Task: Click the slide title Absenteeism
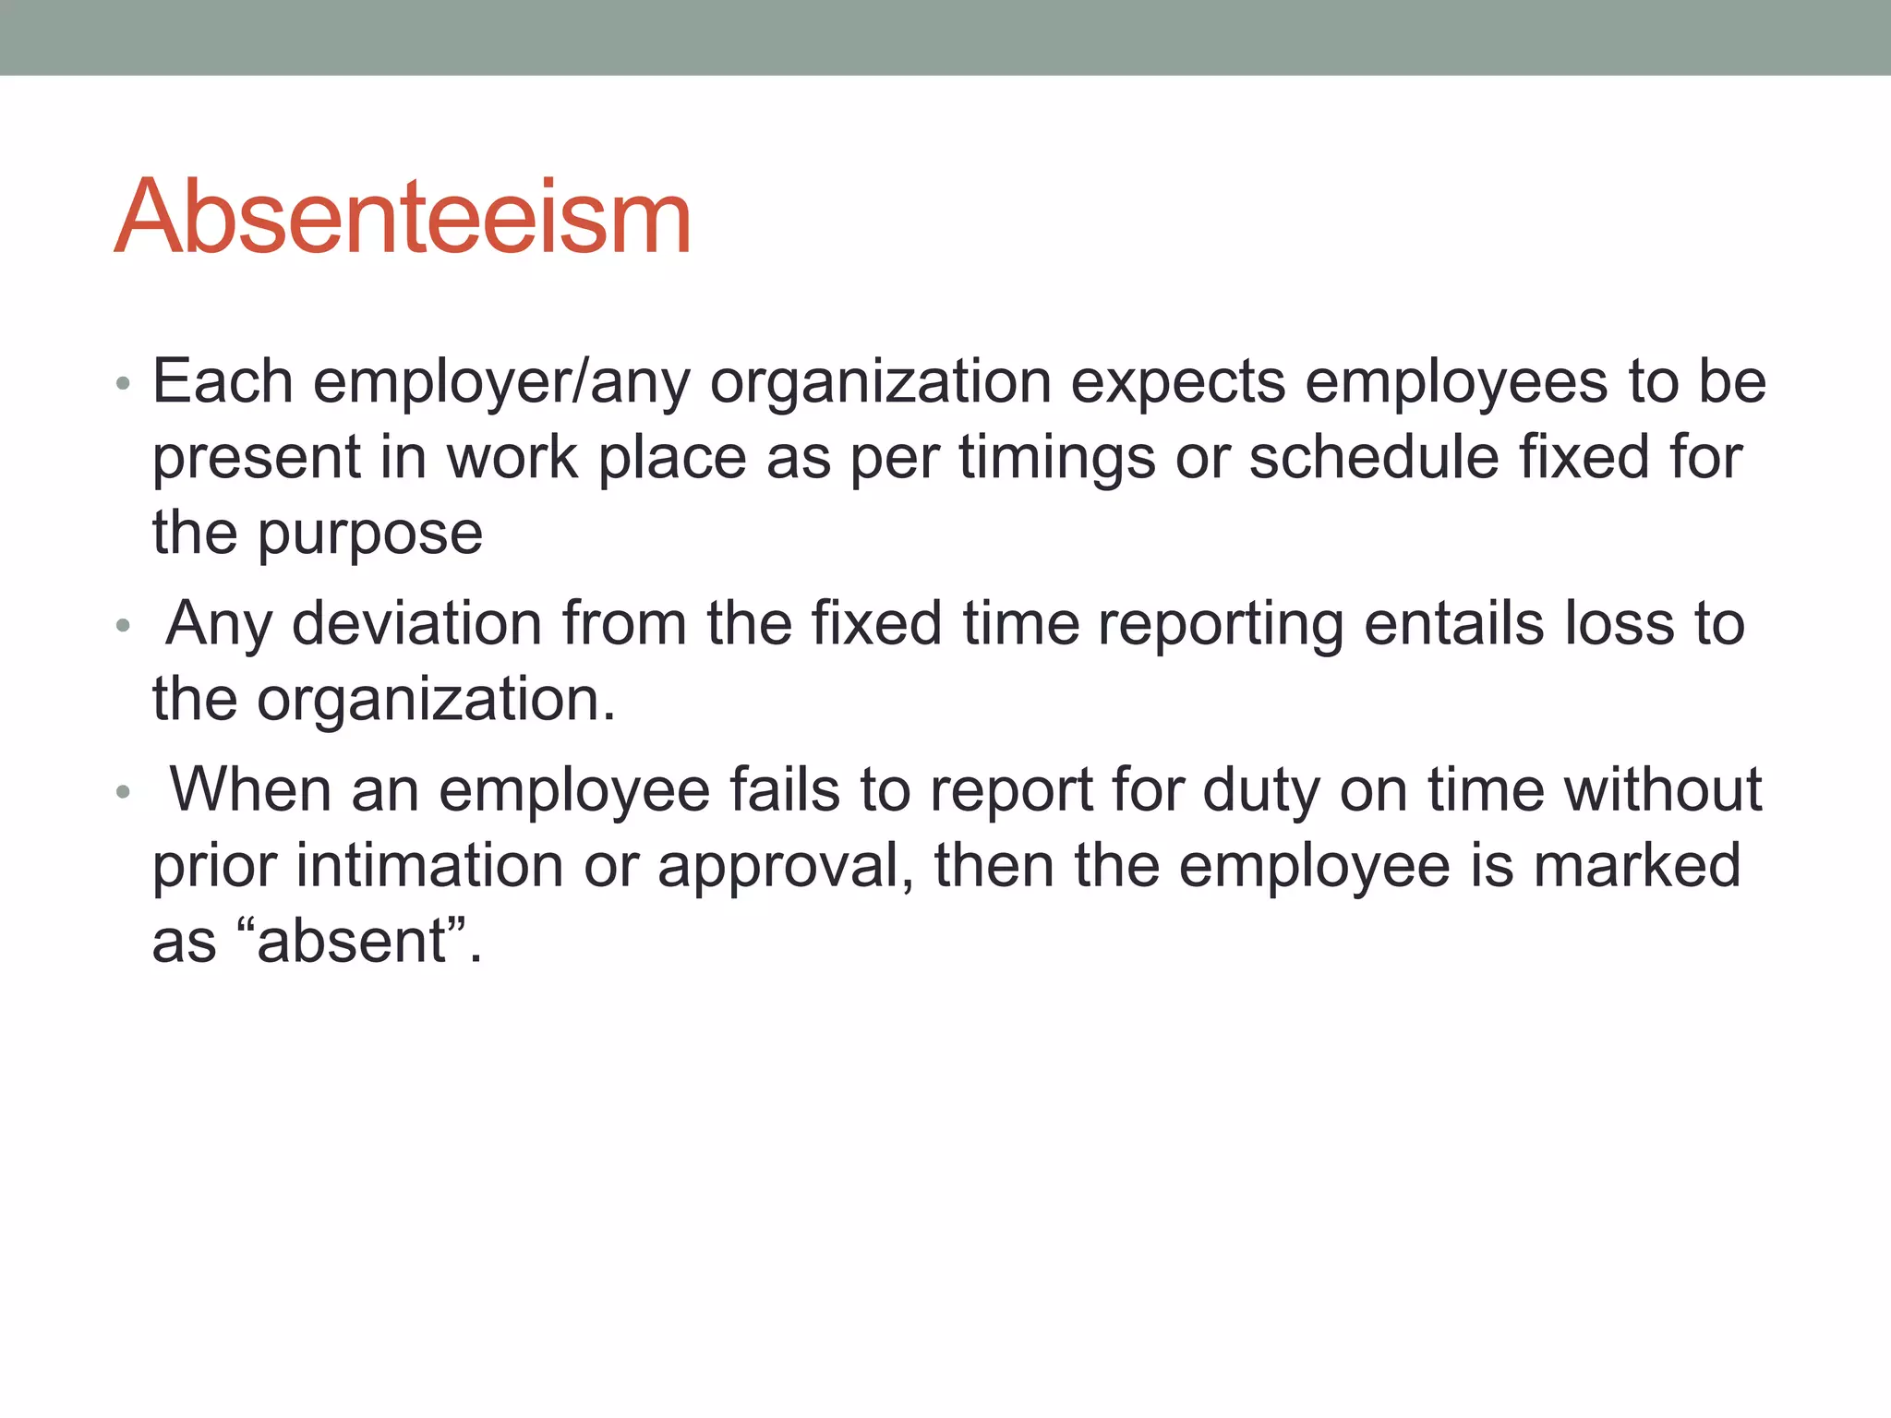[x=403, y=217]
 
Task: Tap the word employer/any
[x=501, y=382]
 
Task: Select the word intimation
[x=428, y=866]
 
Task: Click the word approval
[x=785, y=868]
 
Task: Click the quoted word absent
[x=351, y=942]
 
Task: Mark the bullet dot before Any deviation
[x=123, y=627]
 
